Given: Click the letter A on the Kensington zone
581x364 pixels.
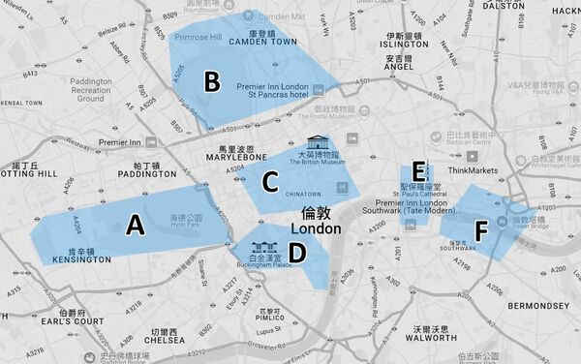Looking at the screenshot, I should pyautogui.click(x=136, y=226).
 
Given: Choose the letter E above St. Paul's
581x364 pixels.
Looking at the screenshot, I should pyautogui.click(x=419, y=171).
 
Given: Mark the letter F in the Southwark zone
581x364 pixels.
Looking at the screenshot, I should pyautogui.click(x=480, y=231).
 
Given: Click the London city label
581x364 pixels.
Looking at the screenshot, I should pyautogui.click(x=321, y=229).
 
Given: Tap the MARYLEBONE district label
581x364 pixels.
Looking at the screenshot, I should pyautogui.click(x=236, y=156).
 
